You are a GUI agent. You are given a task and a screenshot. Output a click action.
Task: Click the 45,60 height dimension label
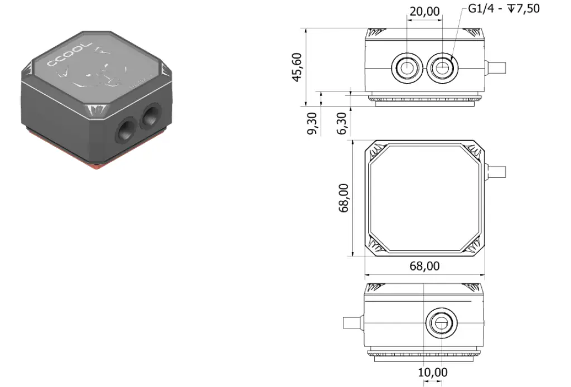click(299, 67)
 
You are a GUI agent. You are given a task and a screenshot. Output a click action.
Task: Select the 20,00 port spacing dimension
click(424, 11)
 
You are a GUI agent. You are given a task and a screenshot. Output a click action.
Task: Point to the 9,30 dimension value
click(312, 123)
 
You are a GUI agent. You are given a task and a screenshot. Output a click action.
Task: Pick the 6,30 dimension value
click(342, 123)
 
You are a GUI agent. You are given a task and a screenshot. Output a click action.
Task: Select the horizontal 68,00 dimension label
click(424, 266)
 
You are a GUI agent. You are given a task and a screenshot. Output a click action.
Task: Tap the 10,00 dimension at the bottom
click(433, 372)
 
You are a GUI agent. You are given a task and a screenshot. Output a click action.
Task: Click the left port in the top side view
click(407, 67)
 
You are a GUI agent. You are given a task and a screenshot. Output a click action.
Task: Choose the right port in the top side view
click(443, 67)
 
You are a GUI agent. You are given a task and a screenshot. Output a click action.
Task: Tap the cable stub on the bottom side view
click(352, 323)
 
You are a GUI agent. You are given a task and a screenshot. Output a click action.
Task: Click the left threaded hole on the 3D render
click(124, 131)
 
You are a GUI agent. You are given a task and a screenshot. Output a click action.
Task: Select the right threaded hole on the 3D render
click(150, 117)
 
